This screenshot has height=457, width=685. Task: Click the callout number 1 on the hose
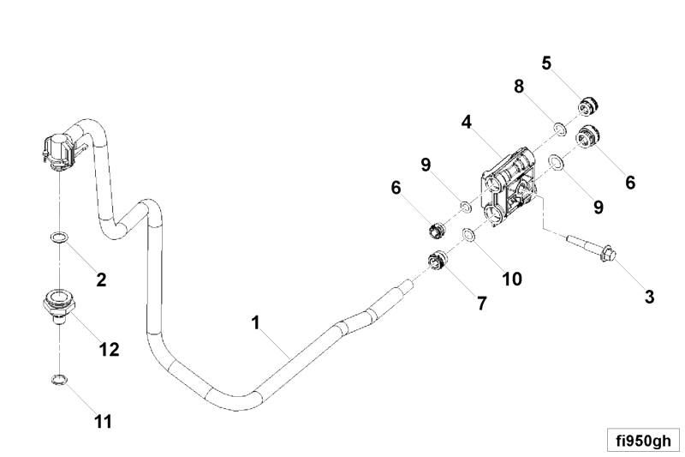[x=255, y=322]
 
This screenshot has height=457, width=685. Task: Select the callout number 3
[x=650, y=297]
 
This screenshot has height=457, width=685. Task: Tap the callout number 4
[x=467, y=122]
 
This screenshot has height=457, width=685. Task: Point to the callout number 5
[x=546, y=63]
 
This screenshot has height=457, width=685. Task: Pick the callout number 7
[x=481, y=303]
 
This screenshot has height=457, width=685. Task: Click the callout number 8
[x=519, y=87]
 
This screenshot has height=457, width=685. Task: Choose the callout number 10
[x=512, y=279]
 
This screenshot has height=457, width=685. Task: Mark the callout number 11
[x=103, y=422]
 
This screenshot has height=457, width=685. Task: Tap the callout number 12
[x=109, y=350]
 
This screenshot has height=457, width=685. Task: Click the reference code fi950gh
[x=643, y=441]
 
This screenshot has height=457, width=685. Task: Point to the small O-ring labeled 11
[x=59, y=379]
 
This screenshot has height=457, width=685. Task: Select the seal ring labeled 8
[x=560, y=129]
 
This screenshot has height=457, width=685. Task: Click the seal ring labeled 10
[x=469, y=235]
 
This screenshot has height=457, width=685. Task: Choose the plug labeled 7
[x=436, y=260]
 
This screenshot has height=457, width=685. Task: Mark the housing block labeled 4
[x=509, y=187]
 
